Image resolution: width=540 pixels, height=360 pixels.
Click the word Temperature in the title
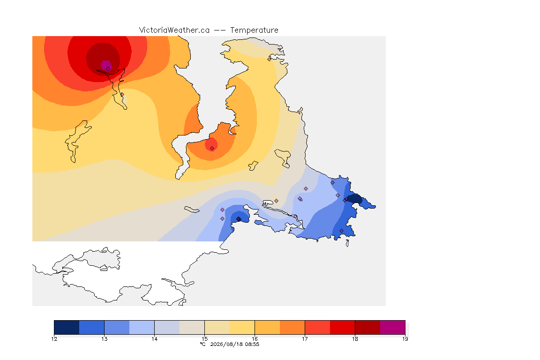coord(254,30)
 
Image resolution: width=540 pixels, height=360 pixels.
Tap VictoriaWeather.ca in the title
coord(174,30)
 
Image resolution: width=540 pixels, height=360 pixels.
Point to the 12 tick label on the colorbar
coord(54,339)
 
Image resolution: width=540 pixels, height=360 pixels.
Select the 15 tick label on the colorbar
coord(204,339)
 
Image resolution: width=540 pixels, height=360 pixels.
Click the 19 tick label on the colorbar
coord(405,339)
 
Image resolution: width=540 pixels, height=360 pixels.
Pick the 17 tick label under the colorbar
coord(305,339)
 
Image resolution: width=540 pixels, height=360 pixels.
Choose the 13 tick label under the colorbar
coord(105,339)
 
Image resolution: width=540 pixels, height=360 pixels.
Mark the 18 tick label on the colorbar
coord(355,339)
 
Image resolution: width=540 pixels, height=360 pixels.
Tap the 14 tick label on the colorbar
coord(154,339)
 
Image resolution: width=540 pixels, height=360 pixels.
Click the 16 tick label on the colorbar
coord(255,339)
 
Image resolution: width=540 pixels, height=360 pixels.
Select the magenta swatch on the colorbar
coord(393,327)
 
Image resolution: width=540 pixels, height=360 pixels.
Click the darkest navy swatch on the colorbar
coord(67,327)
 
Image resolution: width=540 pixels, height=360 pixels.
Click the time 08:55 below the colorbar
coord(252,344)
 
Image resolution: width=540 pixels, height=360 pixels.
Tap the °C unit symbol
coord(203,344)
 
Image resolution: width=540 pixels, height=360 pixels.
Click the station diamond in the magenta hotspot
coord(108,69)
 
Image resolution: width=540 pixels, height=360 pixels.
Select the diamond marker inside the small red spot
coord(212,149)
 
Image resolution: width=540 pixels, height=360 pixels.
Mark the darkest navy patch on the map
coord(355,199)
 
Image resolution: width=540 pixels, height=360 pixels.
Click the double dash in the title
coord(220,30)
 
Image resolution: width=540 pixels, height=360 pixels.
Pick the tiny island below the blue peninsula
coord(347,243)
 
